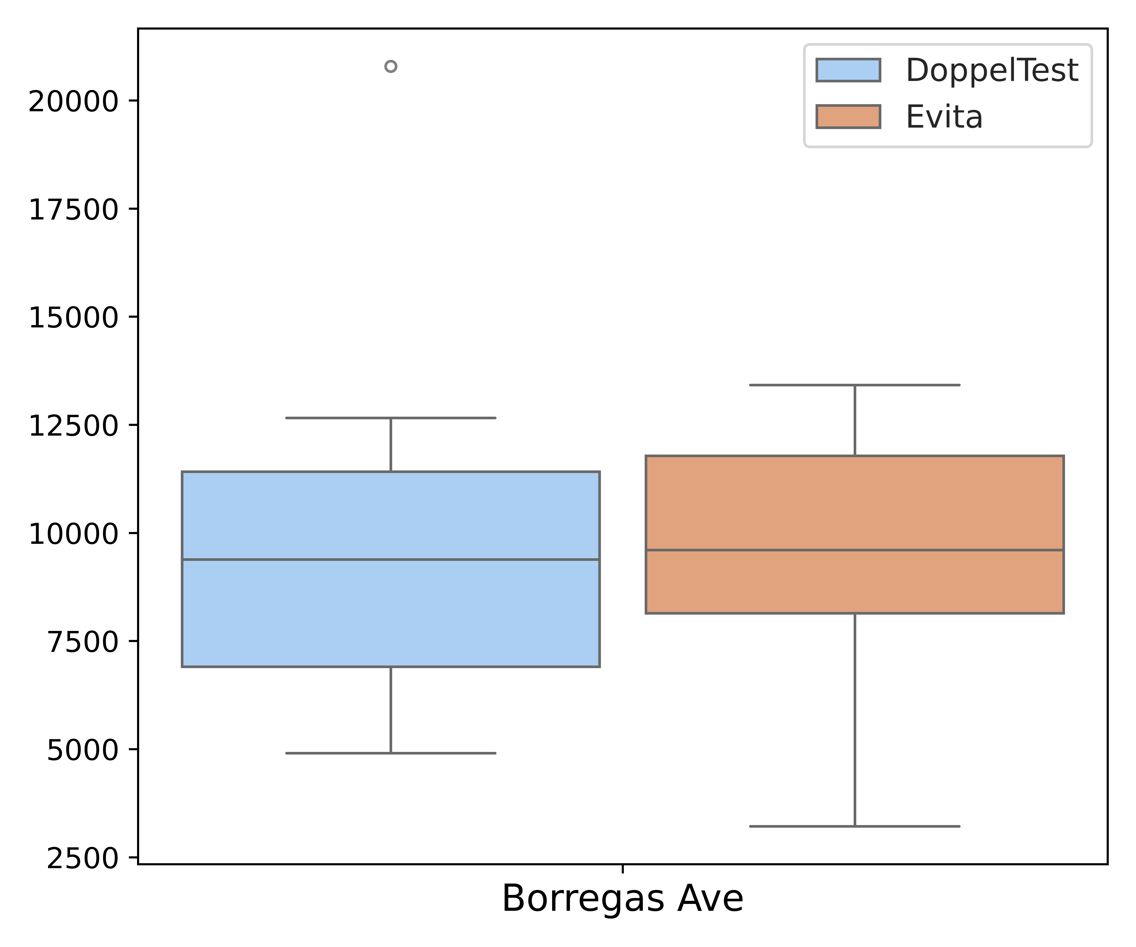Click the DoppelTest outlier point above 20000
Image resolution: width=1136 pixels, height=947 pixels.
[x=390, y=67]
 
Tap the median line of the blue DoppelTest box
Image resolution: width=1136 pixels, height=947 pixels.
[x=390, y=559]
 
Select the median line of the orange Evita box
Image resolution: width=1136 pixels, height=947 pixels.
[x=855, y=550]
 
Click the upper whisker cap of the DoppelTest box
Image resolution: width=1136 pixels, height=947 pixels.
[x=390, y=418]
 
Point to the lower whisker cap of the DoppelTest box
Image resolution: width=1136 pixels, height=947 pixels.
[x=390, y=753]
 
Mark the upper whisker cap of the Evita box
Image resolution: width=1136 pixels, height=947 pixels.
[x=855, y=385]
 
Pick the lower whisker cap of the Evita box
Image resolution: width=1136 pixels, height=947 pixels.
[x=855, y=826]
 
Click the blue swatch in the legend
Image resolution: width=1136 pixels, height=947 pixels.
[x=848, y=70]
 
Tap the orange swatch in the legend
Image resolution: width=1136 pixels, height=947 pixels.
[x=848, y=116]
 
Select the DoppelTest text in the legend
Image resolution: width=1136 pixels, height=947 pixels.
[x=992, y=71]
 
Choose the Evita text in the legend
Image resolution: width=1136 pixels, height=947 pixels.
[x=944, y=117]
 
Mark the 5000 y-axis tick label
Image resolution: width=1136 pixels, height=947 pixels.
[x=82, y=750]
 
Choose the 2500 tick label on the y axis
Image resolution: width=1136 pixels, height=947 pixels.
[x=82, y=858]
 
